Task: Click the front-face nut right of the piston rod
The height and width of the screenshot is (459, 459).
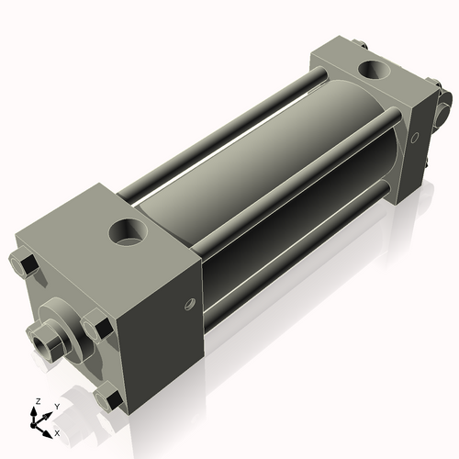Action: click(x=95, y=328)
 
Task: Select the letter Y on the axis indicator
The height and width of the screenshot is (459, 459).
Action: click(x=56, y=406)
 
